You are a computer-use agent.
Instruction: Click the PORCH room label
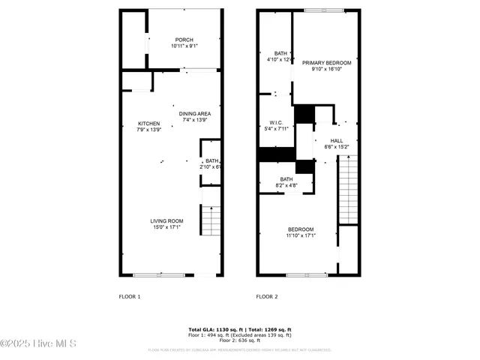pos(184,40)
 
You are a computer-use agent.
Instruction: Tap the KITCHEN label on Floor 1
pos(148,123)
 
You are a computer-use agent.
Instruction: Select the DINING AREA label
pos(193,113)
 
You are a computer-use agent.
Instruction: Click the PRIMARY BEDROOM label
pos(326,63)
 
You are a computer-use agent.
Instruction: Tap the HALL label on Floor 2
pos(337,140)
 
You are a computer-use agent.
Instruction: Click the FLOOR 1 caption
pos(130,296)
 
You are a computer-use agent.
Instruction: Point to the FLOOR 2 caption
pos(267,296)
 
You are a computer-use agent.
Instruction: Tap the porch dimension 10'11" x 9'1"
pos(184,46)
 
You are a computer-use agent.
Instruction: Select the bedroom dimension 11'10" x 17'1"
pos(300,235)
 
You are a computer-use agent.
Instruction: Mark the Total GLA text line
pos(239,329)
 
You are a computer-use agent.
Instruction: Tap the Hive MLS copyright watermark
pos(38,344)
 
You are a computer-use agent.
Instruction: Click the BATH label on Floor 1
pos(212,160)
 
